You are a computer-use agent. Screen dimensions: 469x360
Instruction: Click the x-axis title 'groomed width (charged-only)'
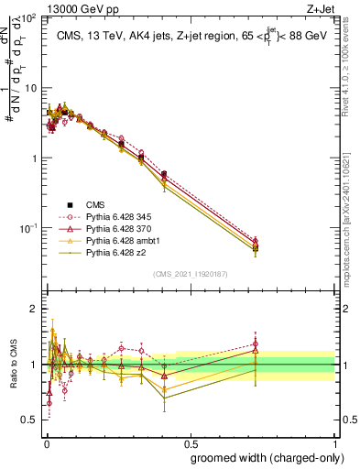pos(262,456)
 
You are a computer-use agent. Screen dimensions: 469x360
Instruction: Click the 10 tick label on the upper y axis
pos(29,88)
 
